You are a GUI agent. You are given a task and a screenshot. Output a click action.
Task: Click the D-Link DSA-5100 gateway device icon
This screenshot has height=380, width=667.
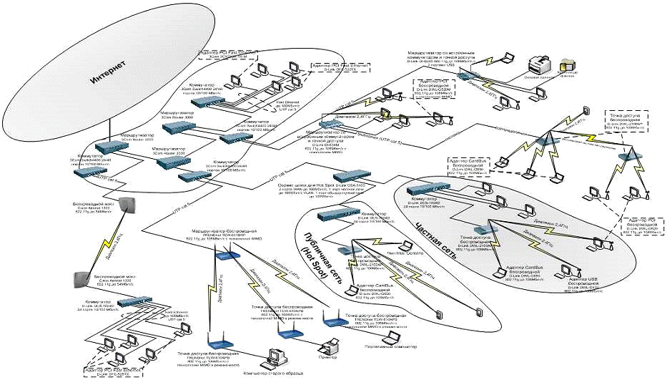pyautogui.click(x=350, y=213)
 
